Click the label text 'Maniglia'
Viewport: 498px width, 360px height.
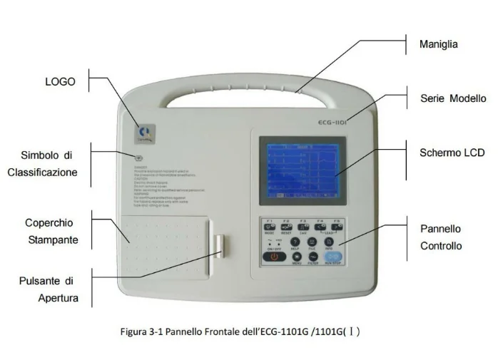pos(438,45)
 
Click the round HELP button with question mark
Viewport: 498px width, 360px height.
pos(295,242)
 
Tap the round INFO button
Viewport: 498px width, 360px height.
pos(329,242)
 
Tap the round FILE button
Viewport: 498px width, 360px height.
pos(312,242)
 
